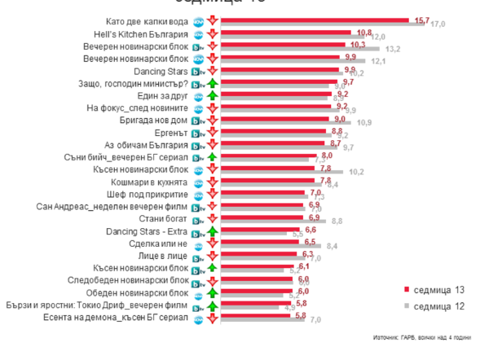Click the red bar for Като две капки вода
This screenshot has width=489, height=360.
coord(318,20)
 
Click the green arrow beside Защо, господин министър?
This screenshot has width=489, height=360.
coord(211,83)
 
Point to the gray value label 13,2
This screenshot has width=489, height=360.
coord(392,50)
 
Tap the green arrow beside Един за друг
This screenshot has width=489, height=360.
coord(211,95)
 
